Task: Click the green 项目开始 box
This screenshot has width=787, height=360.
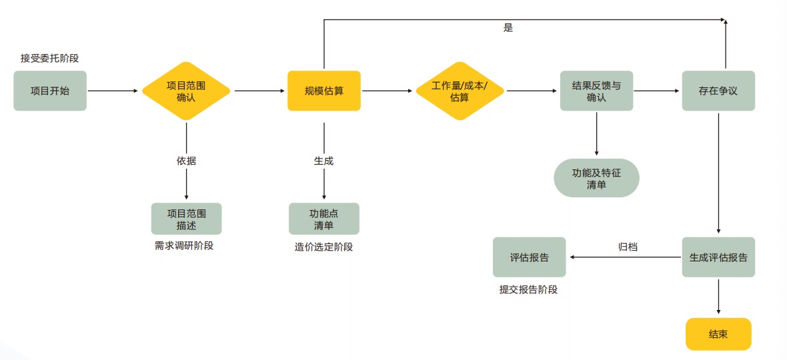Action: click(x=50, y=91)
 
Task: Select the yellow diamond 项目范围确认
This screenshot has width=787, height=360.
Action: click(x=186, y=91)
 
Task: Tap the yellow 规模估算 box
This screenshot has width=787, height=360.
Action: click(x=323, y=91)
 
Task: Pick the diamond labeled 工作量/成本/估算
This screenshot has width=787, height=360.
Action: click(x=460, y=91)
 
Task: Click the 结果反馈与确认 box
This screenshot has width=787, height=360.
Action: click(x=596, y=91)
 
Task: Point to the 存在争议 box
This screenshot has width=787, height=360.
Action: click(x=718, y=91)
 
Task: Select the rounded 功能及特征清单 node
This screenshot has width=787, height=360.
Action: click(x=596, y=178)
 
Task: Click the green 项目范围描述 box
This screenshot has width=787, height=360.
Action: click(x=186, y=219)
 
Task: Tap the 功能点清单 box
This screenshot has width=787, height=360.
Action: click(x=323, y=219)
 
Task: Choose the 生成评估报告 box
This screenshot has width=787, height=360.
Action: click(x=718, y=257)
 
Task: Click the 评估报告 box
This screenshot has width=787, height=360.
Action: click(x=529, y=257)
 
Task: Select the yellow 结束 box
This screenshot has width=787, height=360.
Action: click(x=718, y=334)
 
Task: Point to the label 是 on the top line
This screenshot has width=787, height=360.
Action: click(x=508, y=28)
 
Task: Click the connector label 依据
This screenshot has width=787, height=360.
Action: click(x=186, y=161)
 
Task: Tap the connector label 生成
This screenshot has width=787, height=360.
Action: click(x=323, y=161)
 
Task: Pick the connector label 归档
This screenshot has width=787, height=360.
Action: click(x=628, y=247)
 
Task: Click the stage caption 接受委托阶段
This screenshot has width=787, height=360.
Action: click(x=54, y=58)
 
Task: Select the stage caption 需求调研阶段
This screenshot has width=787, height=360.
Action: click(x=184, y=245)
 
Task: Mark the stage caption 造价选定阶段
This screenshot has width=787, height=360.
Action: click(x=323, y=247)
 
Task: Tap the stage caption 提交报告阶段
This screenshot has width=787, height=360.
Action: click(x=528, y=289)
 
